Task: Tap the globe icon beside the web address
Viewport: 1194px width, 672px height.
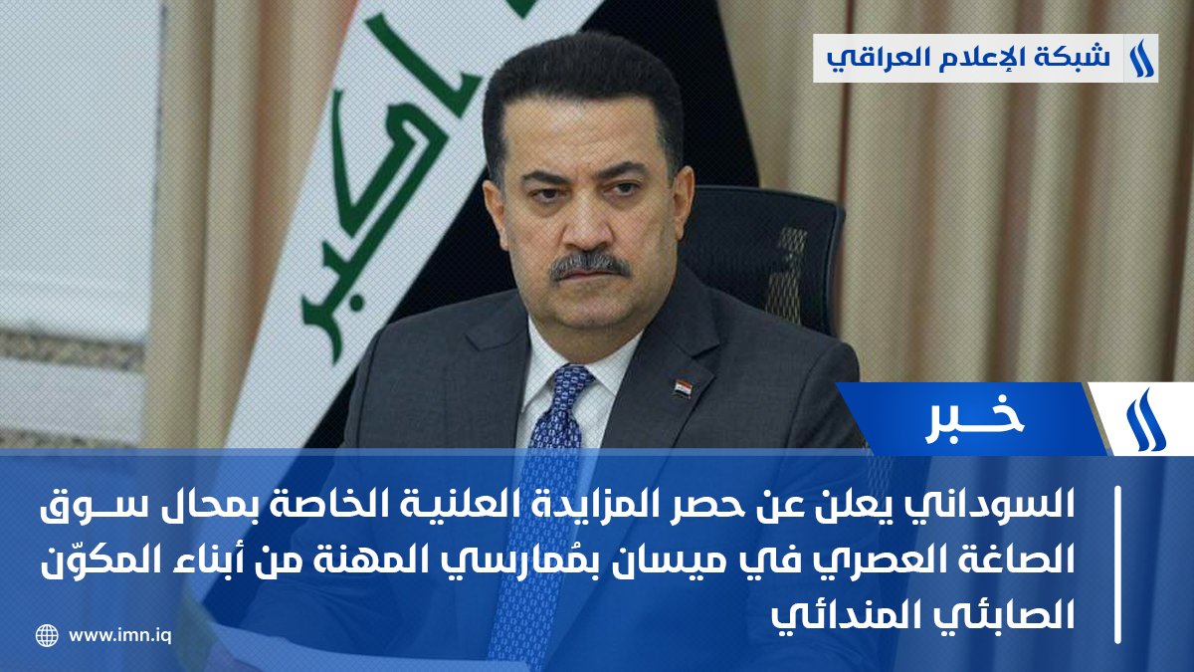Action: pos(47,635)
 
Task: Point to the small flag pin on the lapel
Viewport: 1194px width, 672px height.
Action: pos(682,386)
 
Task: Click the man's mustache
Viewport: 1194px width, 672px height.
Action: pos(590,264)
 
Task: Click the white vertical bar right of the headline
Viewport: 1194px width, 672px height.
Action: pos(1121,563)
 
